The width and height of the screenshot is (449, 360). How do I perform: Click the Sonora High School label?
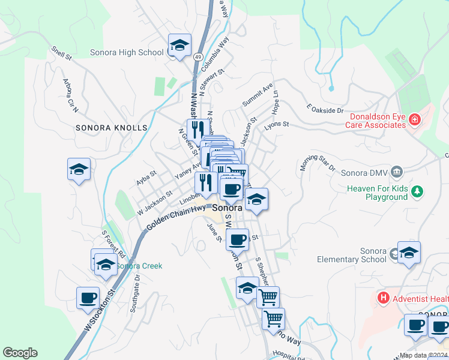[x=127, y=52]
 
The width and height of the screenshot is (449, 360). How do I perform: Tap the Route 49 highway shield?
[x=197, y=56]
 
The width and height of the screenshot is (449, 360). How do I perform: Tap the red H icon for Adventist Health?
[x=382, y=298]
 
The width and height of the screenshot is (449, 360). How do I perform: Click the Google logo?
[x=20, y=353]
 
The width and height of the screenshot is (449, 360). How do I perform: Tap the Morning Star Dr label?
[x=317, y=164]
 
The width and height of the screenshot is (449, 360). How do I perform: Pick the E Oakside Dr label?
[x=325, y=109]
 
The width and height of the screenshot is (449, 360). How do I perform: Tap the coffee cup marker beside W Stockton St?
[x=88, y=298]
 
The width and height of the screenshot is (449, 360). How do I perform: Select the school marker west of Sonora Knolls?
[x=79, y=171]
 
